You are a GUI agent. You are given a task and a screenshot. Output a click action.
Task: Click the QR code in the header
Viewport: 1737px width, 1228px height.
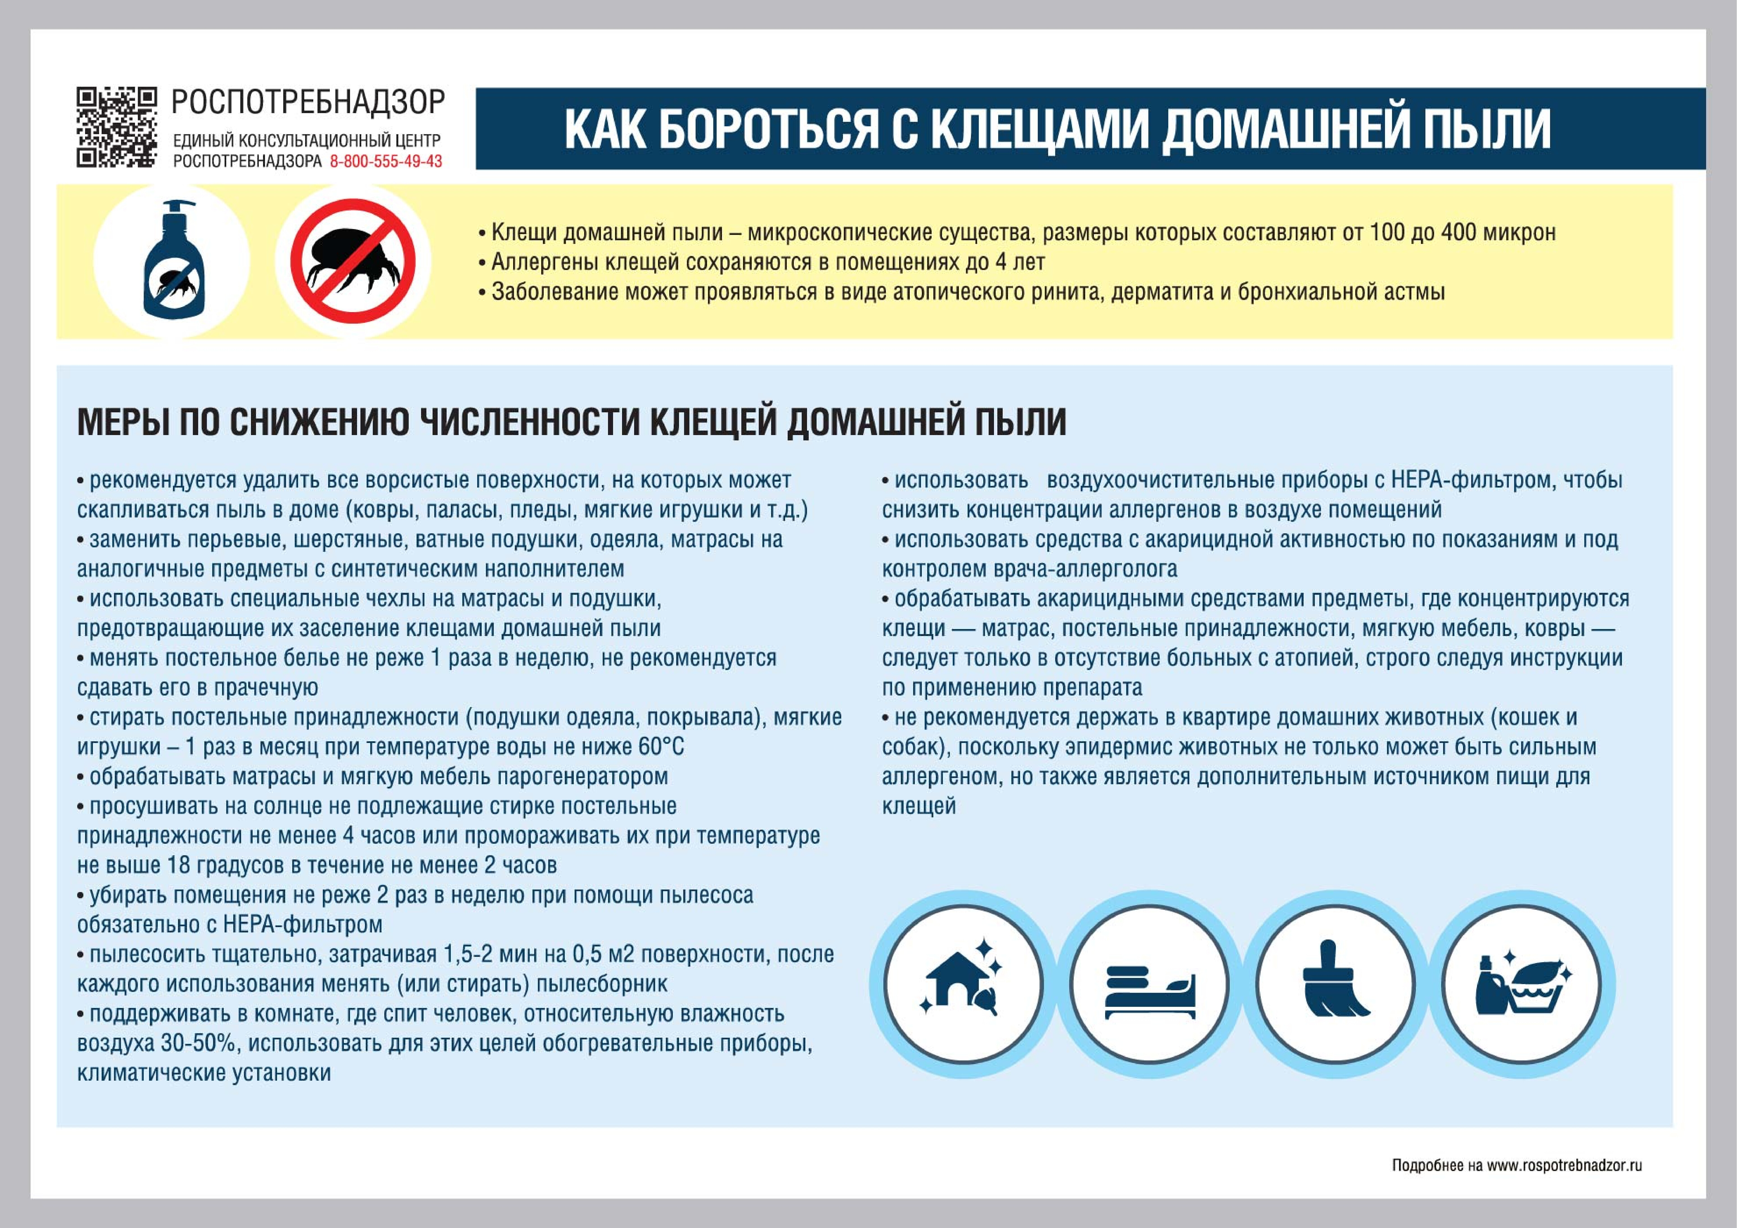pyautogui.click(x=116, y=127)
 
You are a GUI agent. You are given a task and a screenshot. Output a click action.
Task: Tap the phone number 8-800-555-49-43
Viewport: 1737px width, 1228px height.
pyautogui.click(x=386, y=161)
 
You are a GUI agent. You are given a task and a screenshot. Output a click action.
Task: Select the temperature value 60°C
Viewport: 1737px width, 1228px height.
pyautogui.click(x=660, y=747)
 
